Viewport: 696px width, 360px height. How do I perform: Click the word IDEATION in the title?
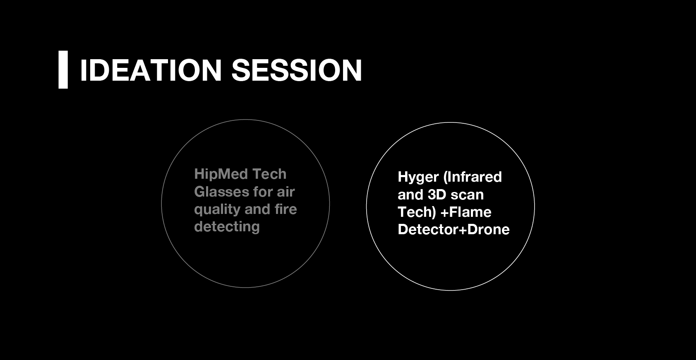coord(151,70)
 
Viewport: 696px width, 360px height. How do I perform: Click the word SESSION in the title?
coord(297,70)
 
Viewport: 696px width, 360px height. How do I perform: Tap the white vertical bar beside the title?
coord(63,70)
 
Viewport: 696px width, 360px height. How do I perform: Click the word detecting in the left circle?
coord(227,227)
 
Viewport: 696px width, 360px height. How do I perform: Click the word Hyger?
coord(418,178)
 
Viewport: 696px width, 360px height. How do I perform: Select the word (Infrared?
coord(472,177)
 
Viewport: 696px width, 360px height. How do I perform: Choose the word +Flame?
coord(466,212)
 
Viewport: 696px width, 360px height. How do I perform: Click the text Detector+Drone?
coord(454,230)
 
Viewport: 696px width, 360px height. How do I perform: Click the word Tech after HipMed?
coord(269,174)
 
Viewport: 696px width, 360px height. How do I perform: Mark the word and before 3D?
coord(410,195)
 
